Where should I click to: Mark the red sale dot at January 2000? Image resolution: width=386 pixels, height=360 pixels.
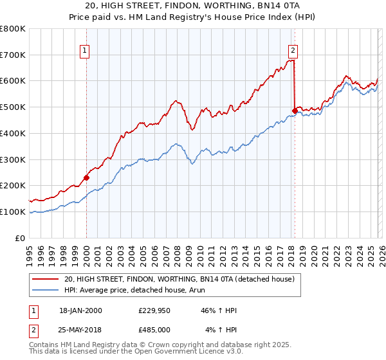point(86,177)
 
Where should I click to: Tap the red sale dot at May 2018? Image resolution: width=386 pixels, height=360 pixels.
point(295,111)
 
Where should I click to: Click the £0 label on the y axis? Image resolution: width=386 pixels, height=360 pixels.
point(20,238)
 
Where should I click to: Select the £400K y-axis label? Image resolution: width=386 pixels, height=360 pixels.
point(14,134)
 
